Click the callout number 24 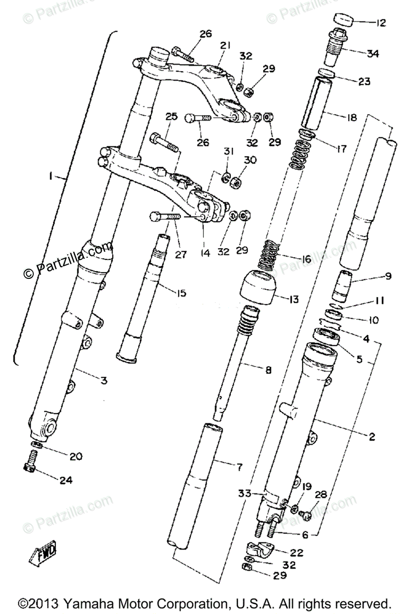pos(66,480)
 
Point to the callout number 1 pos(50,176)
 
